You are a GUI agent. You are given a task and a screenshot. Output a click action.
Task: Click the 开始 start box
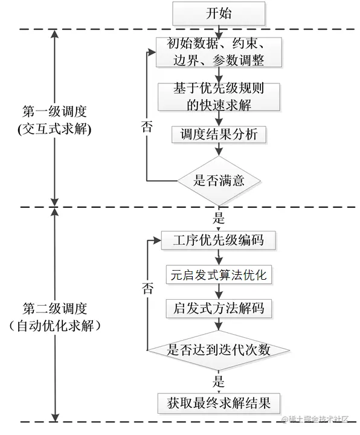click(x=219, y=13)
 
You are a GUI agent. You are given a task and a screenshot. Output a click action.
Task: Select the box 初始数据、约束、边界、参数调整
click(x=219, y=52)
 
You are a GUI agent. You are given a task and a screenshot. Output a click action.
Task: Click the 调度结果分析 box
click(x=219, y=134)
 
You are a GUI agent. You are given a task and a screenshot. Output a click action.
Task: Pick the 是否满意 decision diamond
click(x=219, y=179)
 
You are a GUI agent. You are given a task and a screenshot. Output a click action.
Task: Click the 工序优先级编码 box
click(x=219, y=240)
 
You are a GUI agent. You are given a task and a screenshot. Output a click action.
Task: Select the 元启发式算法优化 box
click(x=219, y=274)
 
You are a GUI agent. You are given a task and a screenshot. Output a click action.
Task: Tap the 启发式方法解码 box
click(x=219, y=308)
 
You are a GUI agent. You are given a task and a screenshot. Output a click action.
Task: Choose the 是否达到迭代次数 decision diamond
click(x=219, y=349)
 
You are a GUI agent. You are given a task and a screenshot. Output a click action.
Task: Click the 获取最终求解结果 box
click(x=219, y=401)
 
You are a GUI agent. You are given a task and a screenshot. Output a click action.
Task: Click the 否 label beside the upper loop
click(x=147, y=127)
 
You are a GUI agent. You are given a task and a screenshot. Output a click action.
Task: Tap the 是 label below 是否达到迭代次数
click(x=219, y=381)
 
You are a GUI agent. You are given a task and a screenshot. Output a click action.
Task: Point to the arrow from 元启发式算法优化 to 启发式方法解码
click(x=219, y=291)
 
